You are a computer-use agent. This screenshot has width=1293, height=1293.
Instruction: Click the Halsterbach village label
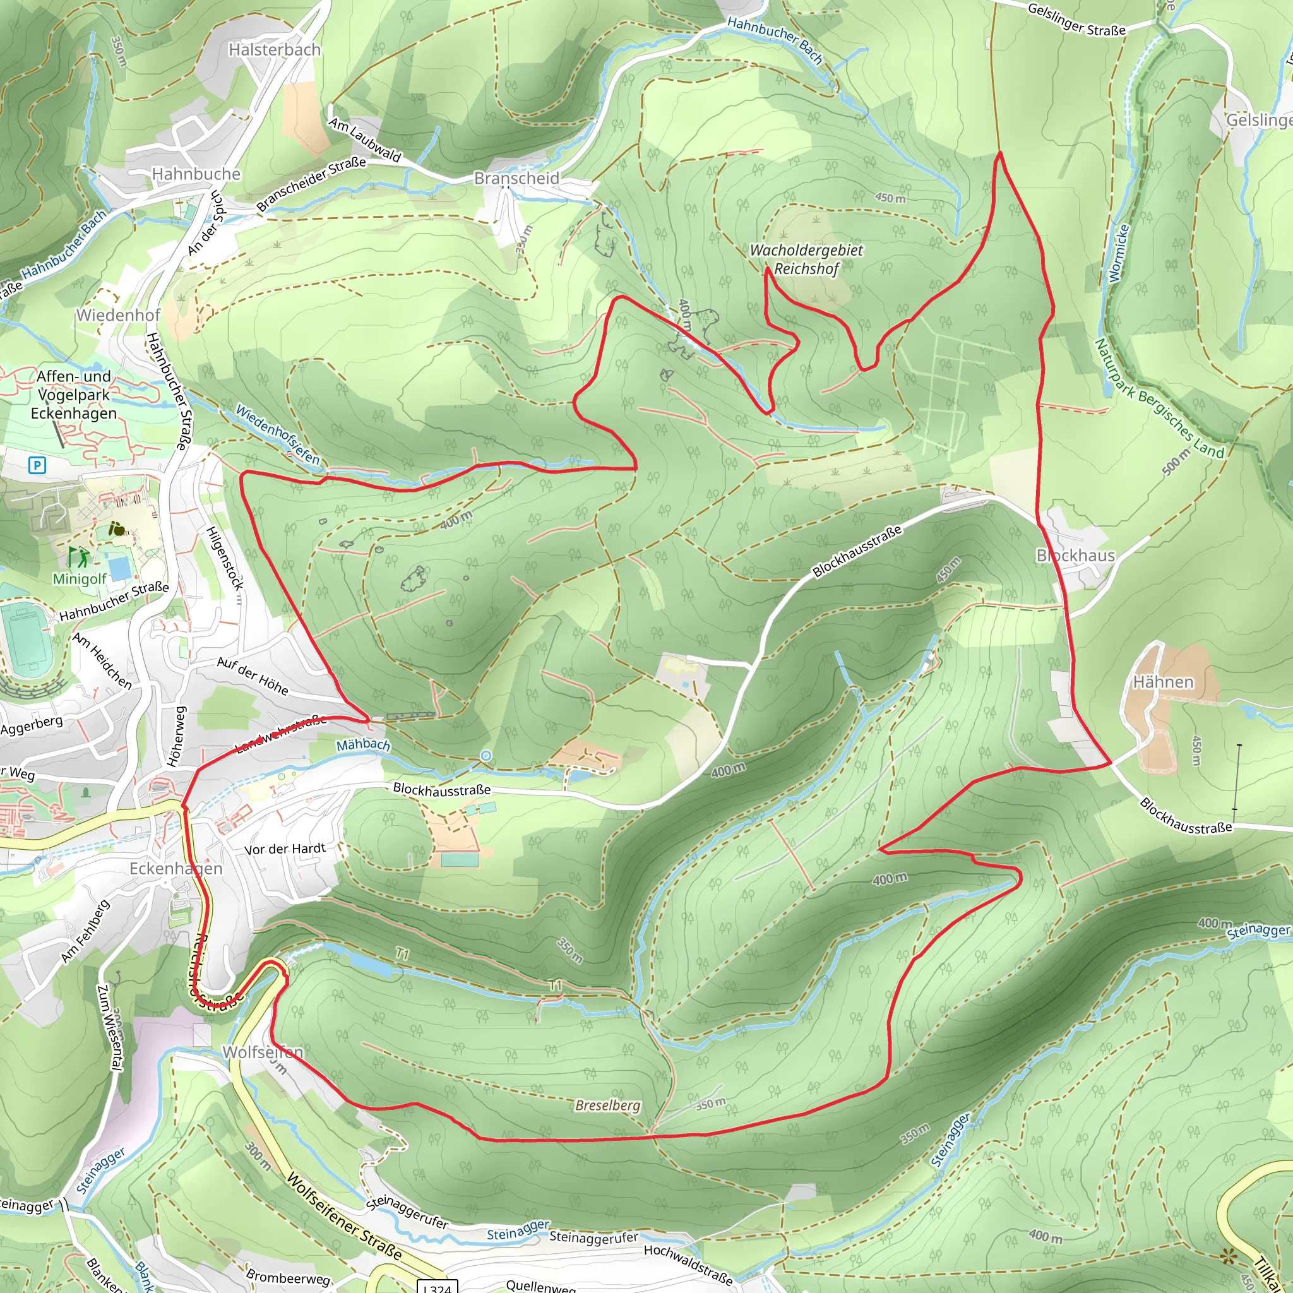pos(275,49)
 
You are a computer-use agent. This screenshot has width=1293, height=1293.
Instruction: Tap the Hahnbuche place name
pos(196,174)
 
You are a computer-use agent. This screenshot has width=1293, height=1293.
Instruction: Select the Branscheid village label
pos(516,178)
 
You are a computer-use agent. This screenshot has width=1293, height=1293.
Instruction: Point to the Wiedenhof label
pos(118,315)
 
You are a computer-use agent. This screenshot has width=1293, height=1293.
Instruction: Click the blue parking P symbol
pos(37,465)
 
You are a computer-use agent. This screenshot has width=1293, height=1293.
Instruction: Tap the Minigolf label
pos(79,578)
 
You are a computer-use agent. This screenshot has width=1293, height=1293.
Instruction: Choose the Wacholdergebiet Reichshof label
pos(806,259)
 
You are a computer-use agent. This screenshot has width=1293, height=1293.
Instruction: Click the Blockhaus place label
pos(1075,556)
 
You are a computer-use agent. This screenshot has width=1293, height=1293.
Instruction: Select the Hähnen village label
pos(1162,682)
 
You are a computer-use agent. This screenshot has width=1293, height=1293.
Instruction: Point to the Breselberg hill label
pos(608,1105)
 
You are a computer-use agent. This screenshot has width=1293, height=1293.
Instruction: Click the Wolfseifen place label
pos(263,1052)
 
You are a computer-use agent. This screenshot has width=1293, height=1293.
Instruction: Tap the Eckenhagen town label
pos(176,869)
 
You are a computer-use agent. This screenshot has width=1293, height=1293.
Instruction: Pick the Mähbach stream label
pos(363,744)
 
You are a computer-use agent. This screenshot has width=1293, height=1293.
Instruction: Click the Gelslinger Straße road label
pos(1076,19)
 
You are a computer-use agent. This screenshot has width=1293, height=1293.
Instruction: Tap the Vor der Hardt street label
pos(285,849)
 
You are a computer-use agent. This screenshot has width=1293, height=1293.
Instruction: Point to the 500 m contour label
pos(1176,462)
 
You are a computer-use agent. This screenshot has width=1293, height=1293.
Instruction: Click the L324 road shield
pos(438,1287)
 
